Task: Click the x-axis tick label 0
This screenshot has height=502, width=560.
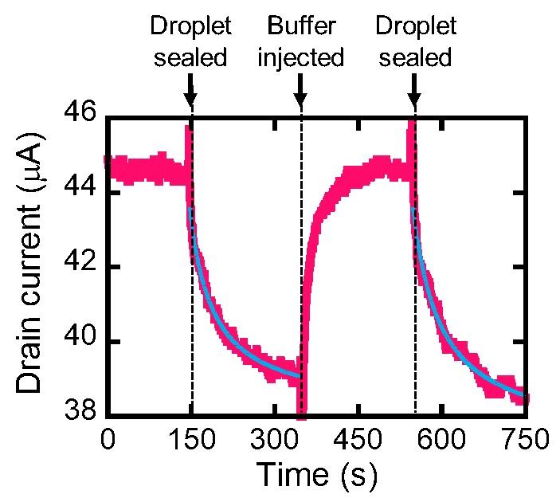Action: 108,439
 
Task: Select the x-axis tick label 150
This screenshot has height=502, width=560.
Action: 191,439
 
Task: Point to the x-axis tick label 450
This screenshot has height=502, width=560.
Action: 358,439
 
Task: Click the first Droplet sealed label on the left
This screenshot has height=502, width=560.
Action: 191,42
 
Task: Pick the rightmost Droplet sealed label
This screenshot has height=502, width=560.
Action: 415,42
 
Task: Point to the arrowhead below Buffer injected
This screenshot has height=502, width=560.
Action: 301,100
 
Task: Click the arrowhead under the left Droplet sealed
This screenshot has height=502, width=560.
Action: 190,100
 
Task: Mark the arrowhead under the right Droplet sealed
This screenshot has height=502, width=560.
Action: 414,100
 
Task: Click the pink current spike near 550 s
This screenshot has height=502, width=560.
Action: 411,135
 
